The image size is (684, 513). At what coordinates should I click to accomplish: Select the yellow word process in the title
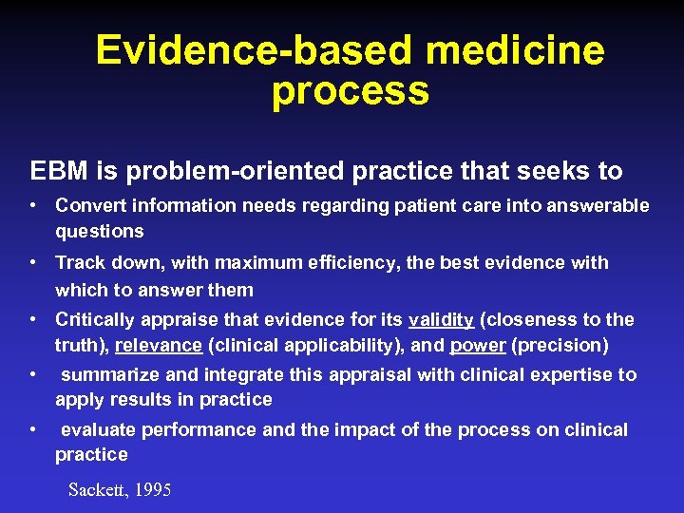click(350, 92)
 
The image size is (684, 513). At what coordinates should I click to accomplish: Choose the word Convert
click(90, 205)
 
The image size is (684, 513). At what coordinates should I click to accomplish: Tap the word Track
click(80, 262)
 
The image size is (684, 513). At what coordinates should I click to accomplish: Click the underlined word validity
click(441, 319)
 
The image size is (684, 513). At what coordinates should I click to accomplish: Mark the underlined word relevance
click(159, 346)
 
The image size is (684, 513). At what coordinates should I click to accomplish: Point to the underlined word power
click(478, 346)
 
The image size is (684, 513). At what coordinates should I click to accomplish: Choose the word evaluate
click(99, 429)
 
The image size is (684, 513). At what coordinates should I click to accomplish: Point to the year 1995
click(153, 490)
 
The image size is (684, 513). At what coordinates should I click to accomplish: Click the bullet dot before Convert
click(33, 205)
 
